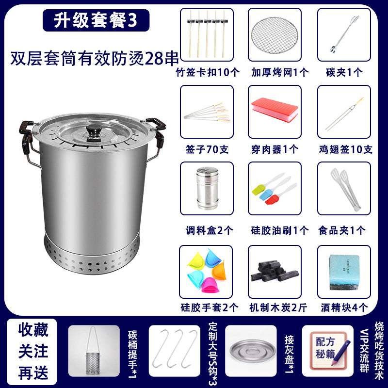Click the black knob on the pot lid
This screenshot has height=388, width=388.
(94, 129)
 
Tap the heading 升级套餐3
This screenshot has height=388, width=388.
(96, 20)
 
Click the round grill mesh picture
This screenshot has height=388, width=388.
(275, 35)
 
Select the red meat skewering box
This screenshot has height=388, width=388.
(275, 110)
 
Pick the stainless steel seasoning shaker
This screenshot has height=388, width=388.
(207, 188)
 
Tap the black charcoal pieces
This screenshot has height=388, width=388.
(275, 271)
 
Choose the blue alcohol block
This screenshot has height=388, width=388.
(344, 272)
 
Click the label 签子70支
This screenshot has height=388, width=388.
(207, 149)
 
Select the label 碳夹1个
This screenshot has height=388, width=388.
(344, 72)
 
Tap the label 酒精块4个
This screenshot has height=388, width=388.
(344, 307)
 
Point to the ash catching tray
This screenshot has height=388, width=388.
(252, 351)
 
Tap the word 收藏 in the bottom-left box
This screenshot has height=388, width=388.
(33, 330)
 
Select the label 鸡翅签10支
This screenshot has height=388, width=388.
(345, 149)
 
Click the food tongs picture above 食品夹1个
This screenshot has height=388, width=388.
(345, 189)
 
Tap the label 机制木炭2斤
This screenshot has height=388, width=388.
(278, 307)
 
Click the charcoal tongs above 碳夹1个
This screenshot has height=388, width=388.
(343, 34)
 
